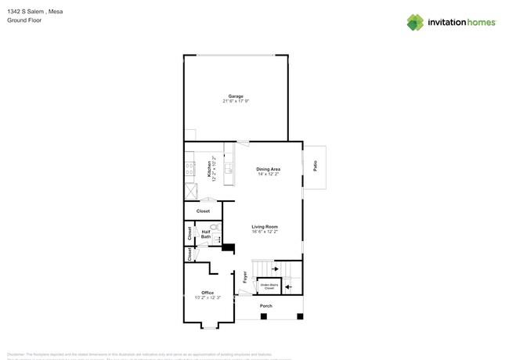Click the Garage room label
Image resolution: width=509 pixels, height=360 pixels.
236,96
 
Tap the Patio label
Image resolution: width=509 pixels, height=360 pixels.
316,167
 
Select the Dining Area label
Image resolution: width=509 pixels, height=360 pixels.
269,169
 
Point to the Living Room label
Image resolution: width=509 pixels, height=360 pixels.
265,227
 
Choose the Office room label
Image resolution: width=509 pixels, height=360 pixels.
208,293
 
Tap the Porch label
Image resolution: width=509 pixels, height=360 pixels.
266,305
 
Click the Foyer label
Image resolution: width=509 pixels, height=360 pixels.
245,276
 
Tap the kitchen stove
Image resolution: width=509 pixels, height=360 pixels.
190,166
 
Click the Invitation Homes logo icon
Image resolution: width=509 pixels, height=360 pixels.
415,22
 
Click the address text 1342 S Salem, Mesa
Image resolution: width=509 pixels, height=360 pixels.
34,12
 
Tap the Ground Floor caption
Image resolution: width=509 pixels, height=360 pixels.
24,20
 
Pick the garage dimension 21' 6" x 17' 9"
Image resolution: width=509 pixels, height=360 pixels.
236,102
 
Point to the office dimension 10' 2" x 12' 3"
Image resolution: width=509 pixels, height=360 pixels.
208,298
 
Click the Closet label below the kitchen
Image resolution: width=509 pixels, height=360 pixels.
203,211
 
